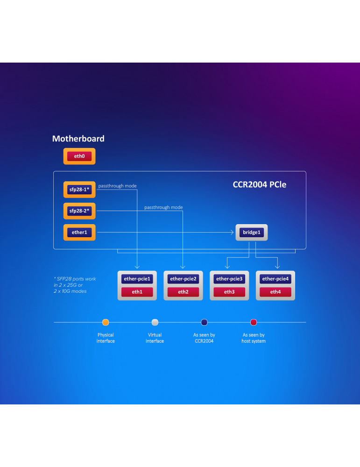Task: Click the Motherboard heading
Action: pyautogui.click(x=78, y=139)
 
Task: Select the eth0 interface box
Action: pyautogui.click(x=79, y=156)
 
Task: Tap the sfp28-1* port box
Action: pyautogui.click(x=79, y=190)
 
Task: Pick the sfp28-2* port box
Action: pyautogui.click(x=79, y=211)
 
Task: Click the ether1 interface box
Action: pyautogui.click(x=79, y=232)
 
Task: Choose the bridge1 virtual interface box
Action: pyautogui.click(x=252, y=232)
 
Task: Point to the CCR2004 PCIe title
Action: pyautogui.click(x=259, y=185)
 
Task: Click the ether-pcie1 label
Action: pyautogui.click(x=137, y=279)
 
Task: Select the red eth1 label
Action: pyautogui.click(x=137, y=292)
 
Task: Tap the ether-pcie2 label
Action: pyautogui.click(x=183, y=279)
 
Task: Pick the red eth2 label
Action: pyautogui.click(x=183, y=292)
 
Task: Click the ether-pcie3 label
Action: pyautogui.click(x=229, y=279)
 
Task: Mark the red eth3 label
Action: pyautogui.click(x=229, y=292)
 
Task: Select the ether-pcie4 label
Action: pyautogui.click(x=275, y=279)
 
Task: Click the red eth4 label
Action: pyautogui.click(x=275, y=292)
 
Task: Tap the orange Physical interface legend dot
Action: pyautogui.click(x=106, y=322)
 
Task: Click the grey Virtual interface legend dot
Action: pyautogui.click(x=155, y=322)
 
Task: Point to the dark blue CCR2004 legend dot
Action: pyautogui.click(x=204, y=322)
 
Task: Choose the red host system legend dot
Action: pyautogui.click(x=254, y=322)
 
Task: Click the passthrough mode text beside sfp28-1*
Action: pyautogui.click(x=117, y=186)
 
